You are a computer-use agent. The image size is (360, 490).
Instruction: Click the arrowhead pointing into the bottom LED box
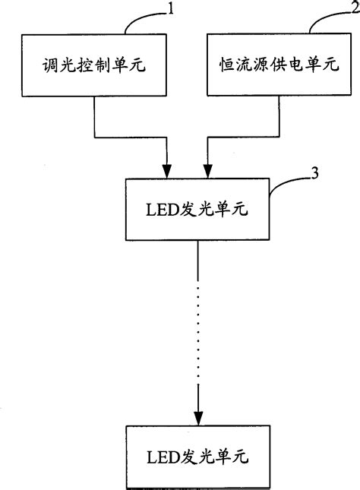click(198, 418)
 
